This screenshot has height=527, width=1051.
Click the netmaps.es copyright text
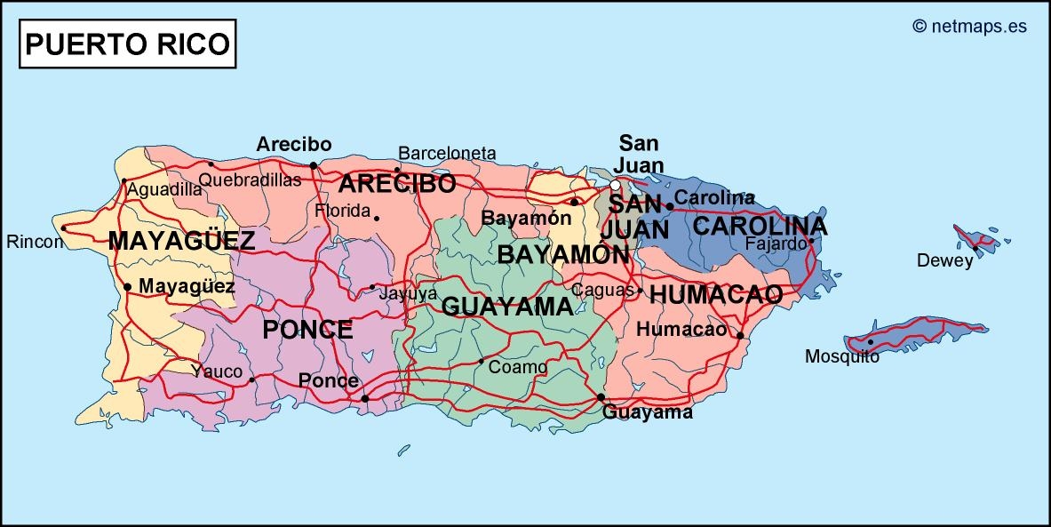[969, 26]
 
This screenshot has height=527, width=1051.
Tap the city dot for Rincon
[63, 228]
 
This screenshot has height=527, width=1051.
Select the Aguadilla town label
[164, 189]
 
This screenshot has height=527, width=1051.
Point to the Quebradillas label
[250, 180]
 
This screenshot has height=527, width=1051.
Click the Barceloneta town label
[447, 153]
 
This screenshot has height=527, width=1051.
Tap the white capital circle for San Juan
[615, 185]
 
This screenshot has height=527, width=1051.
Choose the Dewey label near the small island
[945, 260]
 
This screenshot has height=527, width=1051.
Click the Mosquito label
[841, 356]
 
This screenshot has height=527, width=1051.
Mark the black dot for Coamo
[481, 361]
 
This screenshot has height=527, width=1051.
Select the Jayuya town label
[408, 293]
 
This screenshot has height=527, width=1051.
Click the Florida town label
[342, 211]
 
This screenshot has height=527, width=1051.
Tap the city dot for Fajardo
[811, 241]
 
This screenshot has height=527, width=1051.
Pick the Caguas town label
[602, 289]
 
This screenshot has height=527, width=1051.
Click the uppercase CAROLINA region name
[760, 226]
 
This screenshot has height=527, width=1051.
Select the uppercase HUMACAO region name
[716, 294]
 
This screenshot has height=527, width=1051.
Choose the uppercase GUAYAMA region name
[507, 307]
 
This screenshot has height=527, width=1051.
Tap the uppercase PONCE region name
[307, 330]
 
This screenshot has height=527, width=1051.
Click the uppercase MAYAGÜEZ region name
[181, 240]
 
